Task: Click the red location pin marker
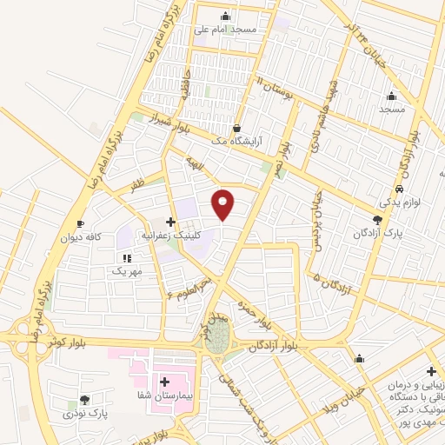coord(223,204)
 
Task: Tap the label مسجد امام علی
coord(226,30)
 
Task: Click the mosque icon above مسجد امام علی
coord(226,17)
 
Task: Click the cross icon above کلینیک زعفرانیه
coord(170,222)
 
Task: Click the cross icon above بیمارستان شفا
coord(164,381)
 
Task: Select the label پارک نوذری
coord(83,415)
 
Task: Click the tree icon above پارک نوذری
coord(84,401)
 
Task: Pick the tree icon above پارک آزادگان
coord(376,221)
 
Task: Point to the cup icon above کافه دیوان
coord(81,223)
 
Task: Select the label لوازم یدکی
coord(399,203)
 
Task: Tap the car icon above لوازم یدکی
coord(399,189)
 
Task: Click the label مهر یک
coord(126,272)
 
